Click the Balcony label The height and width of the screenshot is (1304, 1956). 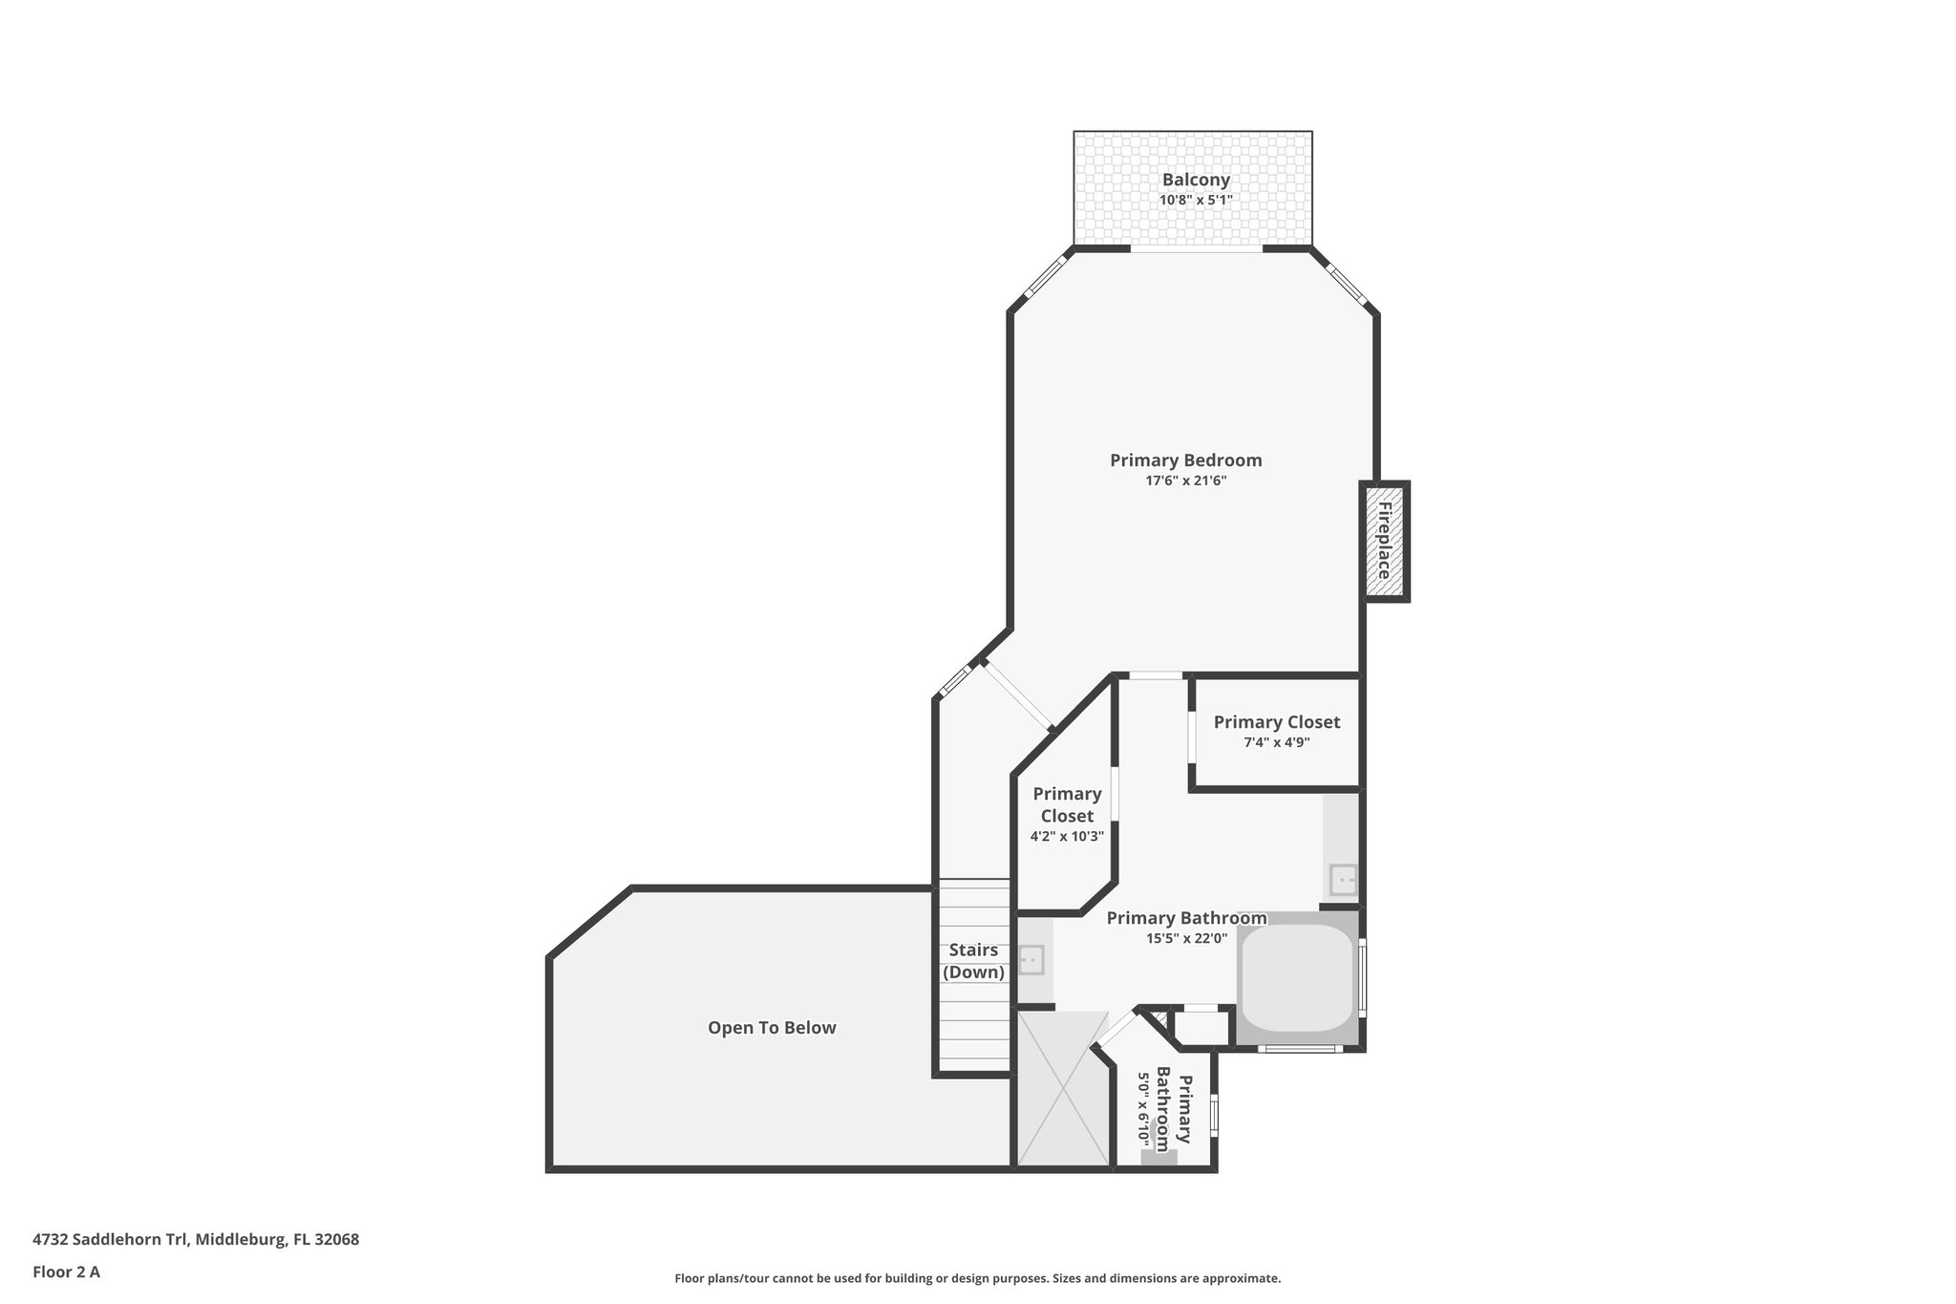point(1196,180)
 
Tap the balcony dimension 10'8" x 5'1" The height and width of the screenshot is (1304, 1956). point(1196,201)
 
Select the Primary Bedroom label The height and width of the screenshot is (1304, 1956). point(1185,460)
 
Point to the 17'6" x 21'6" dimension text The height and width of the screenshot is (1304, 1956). point(1185,481)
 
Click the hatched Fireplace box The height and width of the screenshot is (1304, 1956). point(1384,541)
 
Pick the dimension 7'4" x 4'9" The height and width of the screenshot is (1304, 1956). point(1276,742)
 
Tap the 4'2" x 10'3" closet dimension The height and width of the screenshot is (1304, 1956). point(1067,836)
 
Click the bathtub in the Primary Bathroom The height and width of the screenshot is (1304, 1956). point(1297,977)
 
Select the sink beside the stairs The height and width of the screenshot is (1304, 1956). point(1031,959)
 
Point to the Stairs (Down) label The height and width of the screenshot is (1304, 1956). point(973,961)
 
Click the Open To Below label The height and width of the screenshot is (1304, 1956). point(772,1028)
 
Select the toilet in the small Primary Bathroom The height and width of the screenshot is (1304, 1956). point(1159,1152)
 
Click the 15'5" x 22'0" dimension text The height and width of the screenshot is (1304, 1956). point(1186,938)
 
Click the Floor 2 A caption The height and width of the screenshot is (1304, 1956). point(66,1272)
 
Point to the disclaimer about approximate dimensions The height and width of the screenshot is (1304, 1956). point(977,1278)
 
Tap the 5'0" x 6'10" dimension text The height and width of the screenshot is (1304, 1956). point(1141,1108)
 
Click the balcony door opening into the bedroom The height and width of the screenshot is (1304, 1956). point(1197,250)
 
